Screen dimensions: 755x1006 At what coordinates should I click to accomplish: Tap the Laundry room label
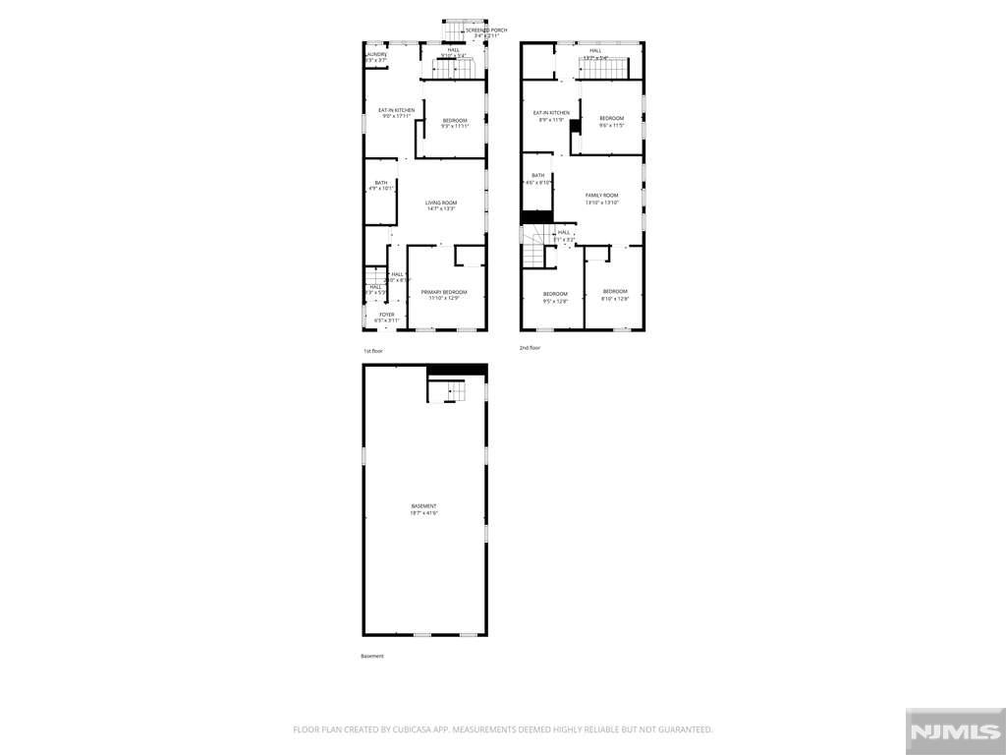coord(376,54)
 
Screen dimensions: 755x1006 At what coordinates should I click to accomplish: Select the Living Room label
coord(441,203)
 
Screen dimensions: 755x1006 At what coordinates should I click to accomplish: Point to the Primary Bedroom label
coord(444,292)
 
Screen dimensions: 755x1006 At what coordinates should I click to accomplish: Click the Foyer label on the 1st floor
coord(387,315)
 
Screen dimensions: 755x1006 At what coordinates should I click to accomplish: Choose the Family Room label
coord(601,196)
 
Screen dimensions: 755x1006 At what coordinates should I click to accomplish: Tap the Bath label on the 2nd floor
coord(538,175)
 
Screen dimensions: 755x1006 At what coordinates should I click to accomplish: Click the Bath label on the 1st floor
coord(380,182)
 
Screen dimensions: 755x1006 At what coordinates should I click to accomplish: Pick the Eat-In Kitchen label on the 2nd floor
coord(551,113)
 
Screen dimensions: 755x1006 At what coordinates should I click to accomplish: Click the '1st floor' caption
coord(373,351)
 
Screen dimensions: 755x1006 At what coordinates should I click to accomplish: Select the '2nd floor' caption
coord(531,347)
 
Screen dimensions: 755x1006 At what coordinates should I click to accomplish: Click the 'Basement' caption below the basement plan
coord(372,656)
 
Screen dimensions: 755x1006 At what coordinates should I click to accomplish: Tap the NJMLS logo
coord(953,731)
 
